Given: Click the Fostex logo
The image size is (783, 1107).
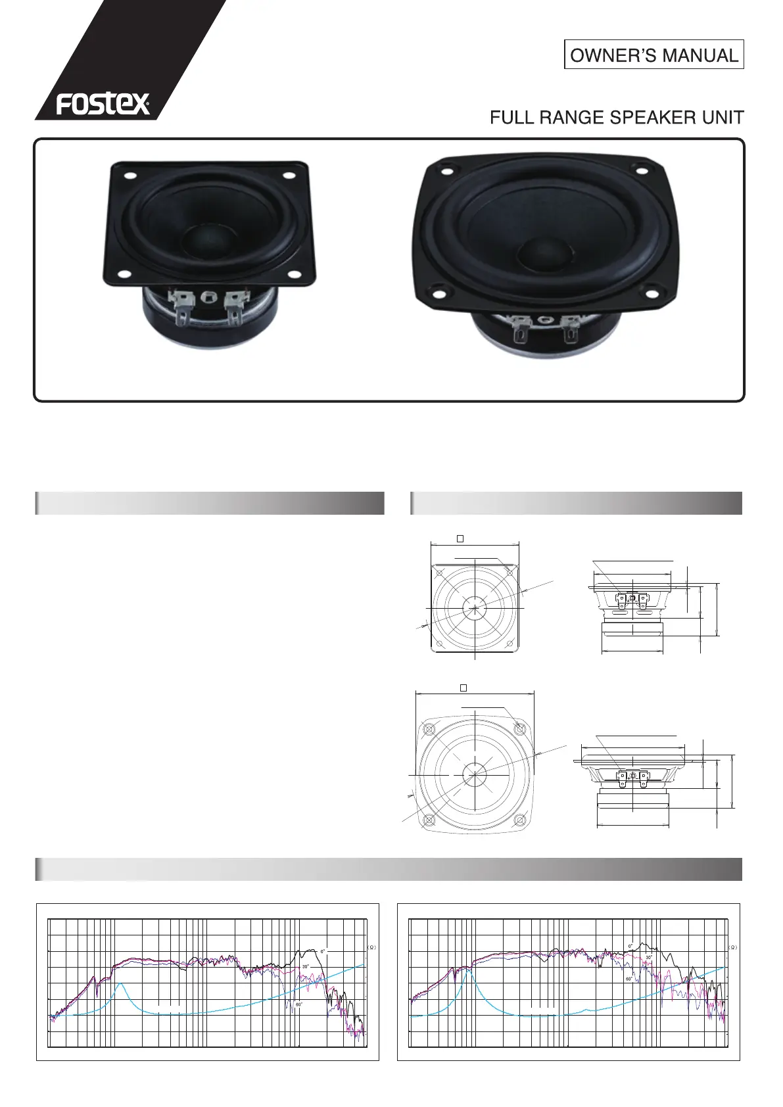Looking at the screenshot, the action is coord(103,103).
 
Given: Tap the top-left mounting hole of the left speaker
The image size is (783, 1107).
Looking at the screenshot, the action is coord(130,175).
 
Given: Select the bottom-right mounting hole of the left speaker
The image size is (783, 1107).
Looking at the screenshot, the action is coord(296,275).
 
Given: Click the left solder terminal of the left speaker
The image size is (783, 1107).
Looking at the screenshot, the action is coord(182,306).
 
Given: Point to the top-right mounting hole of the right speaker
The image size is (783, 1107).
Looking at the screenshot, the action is coord(641,171).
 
